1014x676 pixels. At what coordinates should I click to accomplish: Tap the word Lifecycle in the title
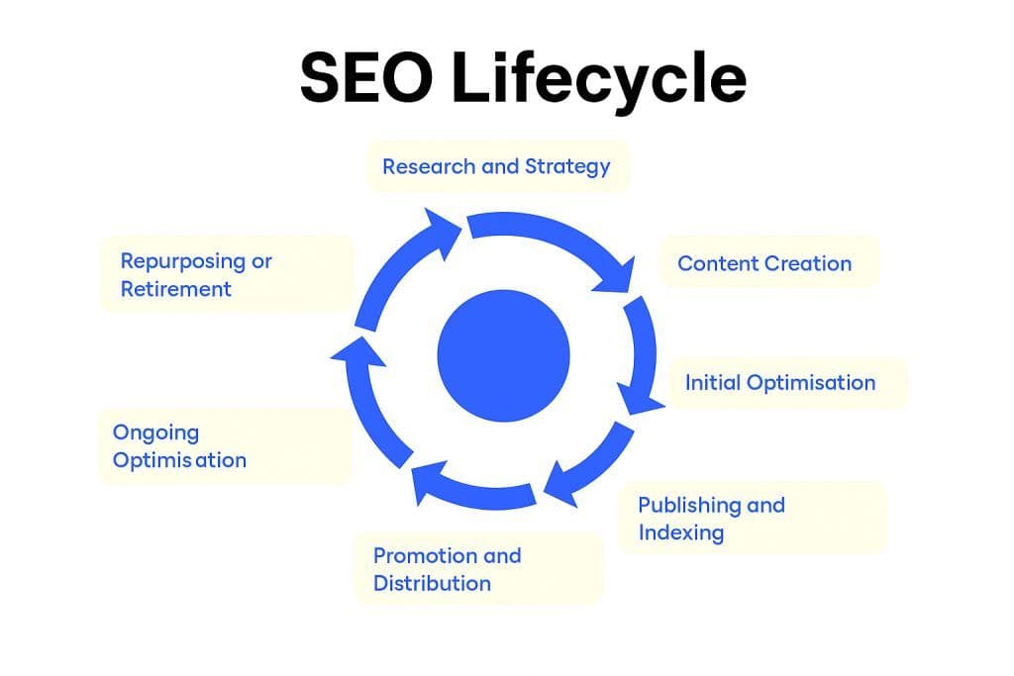coord(598,79)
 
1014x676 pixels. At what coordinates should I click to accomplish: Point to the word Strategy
coord(567,167)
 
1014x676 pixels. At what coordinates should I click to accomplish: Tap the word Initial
coord(712,382)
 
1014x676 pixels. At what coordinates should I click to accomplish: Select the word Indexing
coord(681,532)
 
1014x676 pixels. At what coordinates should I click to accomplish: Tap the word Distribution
coord(432,583)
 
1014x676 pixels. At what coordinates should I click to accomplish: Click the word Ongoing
coord(155,433)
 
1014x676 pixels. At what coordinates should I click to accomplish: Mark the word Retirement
coord(176,289)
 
